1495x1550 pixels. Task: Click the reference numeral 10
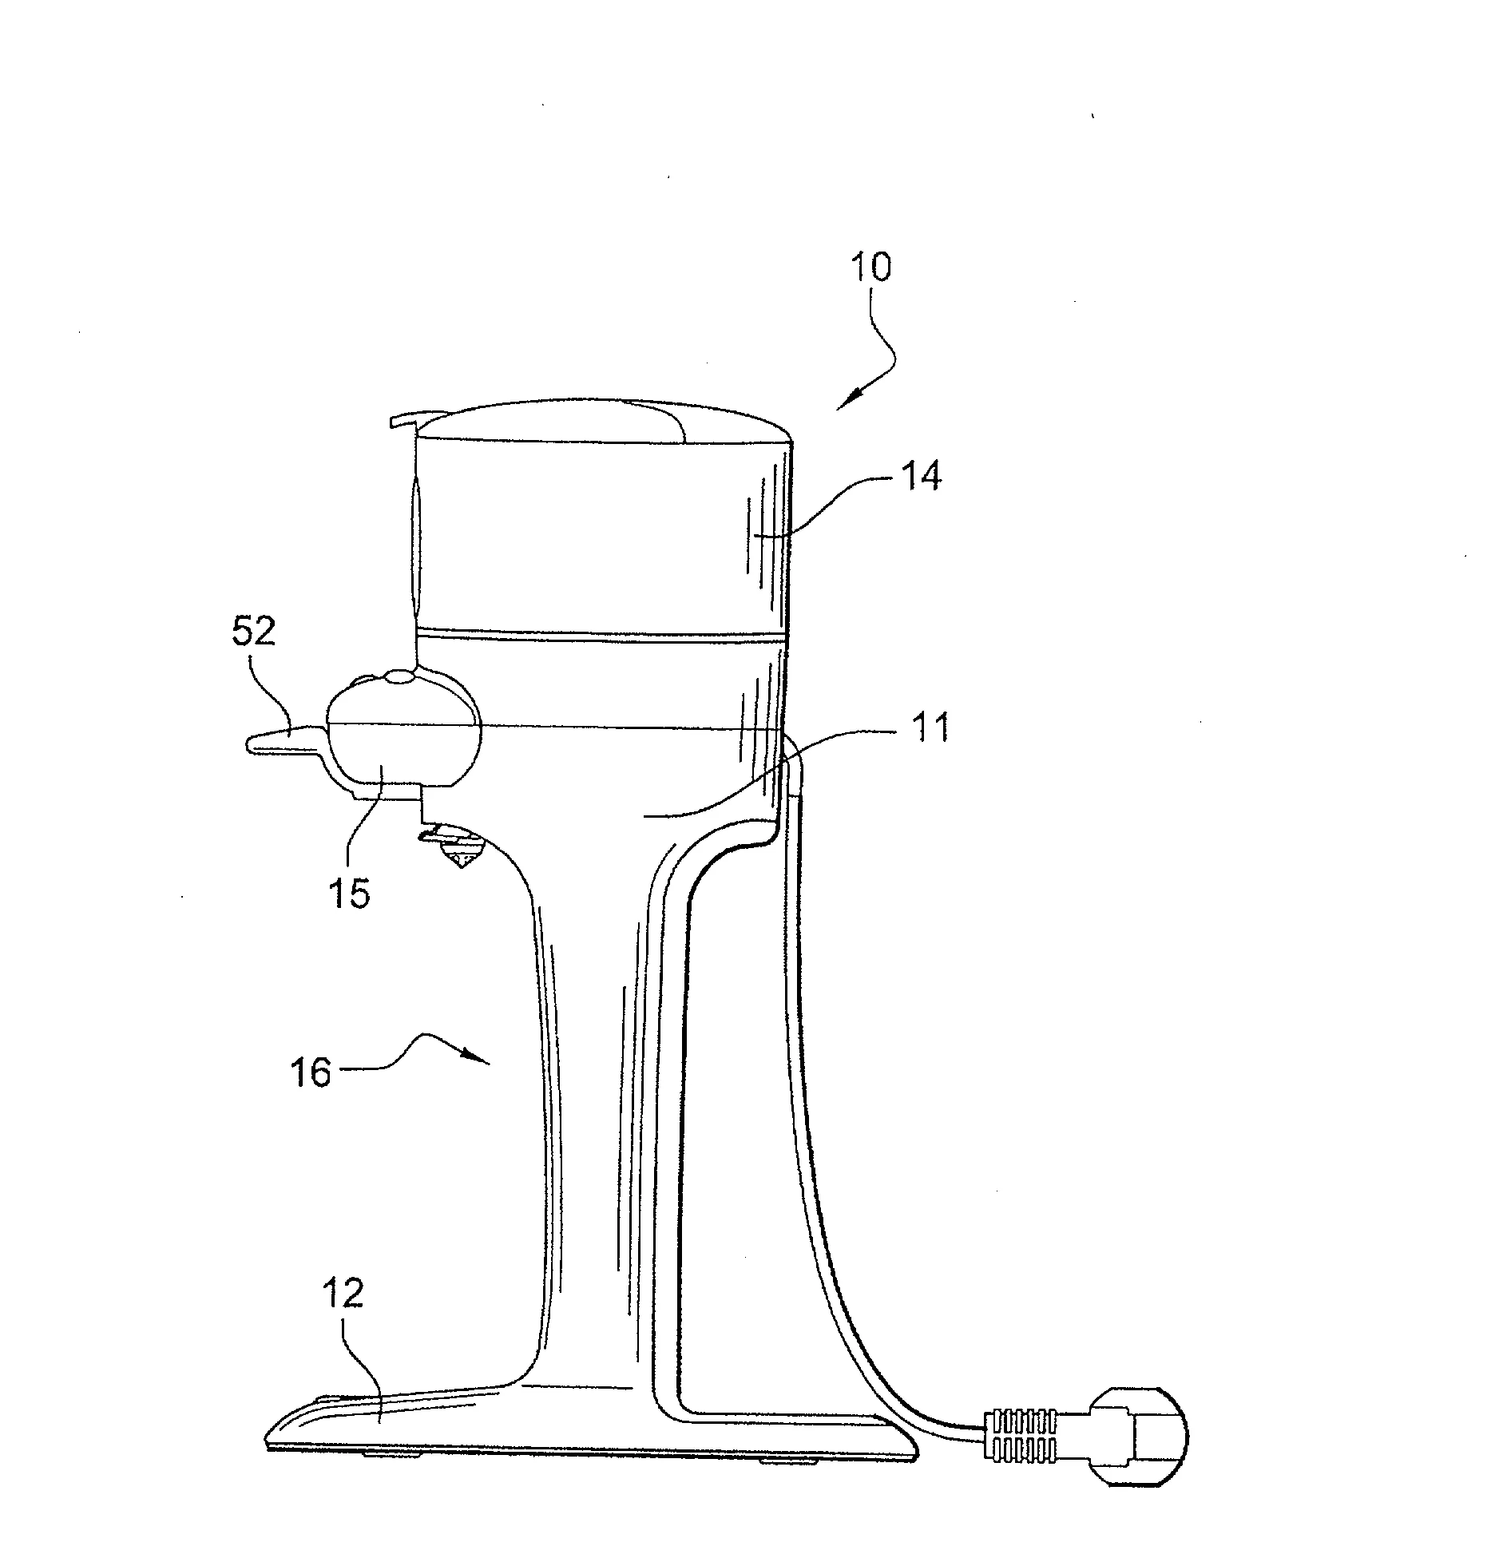click(x=870, y=268)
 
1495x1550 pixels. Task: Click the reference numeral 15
click(x=350, y=894)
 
